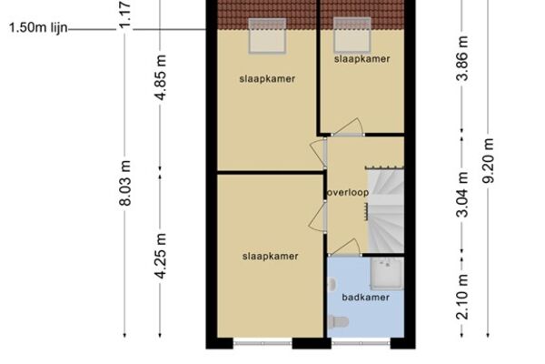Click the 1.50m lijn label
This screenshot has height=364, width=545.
point(38,27)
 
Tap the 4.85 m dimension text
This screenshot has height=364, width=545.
point(160,77)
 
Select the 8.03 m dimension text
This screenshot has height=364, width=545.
point(125,183)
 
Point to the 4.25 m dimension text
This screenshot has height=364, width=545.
point(160,256)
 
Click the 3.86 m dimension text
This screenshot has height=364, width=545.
point(462,58)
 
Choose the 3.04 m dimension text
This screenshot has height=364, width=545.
point(462,195)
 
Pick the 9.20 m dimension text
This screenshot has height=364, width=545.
point(488,160)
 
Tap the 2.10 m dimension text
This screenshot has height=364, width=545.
point(462,297)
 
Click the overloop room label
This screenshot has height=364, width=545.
point(348,193)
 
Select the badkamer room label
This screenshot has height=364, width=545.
point(366,298)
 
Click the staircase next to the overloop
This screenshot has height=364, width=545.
point(386,211)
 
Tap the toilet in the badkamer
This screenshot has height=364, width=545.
point(338,321)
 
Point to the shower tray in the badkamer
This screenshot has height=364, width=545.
point(387,274)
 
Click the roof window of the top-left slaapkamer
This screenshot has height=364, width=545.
point(267,35)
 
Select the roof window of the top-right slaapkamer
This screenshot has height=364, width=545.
point(352,35)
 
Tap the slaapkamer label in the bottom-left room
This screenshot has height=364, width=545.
point(270,257)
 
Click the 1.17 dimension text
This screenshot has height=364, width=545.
point(125,14)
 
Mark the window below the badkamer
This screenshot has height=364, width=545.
point(362,343)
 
